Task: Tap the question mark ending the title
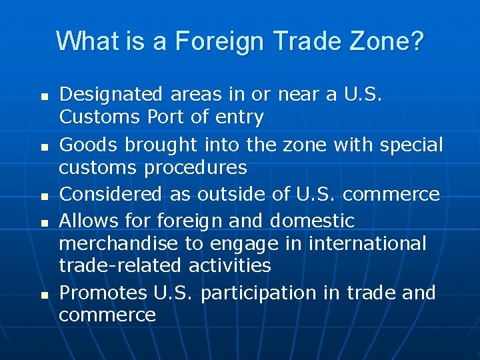417,41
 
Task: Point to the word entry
237,118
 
